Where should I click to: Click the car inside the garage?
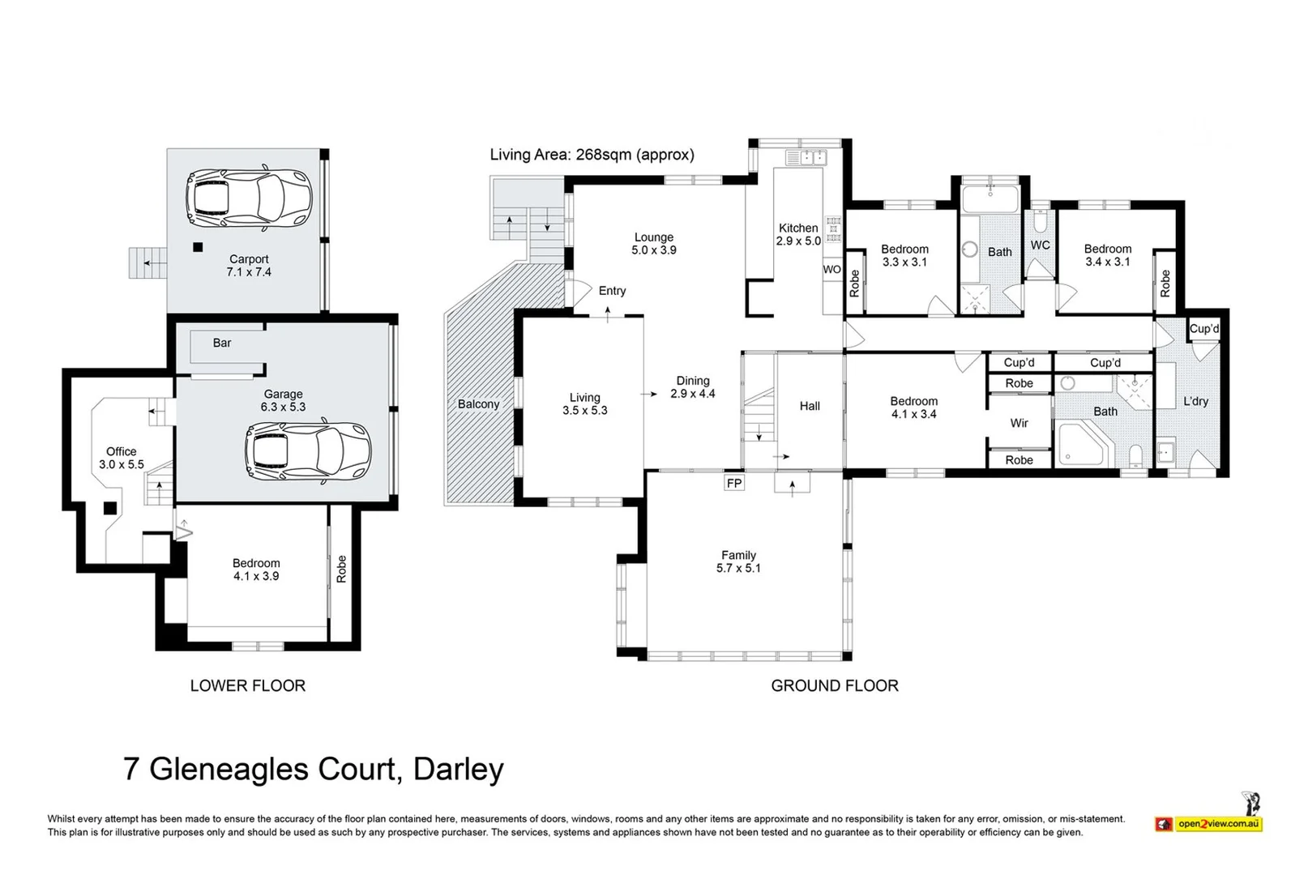(308, 451)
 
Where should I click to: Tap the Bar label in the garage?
(221, 343)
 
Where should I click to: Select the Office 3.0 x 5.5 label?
(122, 458)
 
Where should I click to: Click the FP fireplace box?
(734, 484)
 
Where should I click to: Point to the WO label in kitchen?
(831, 270)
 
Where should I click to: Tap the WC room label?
(1040, 245)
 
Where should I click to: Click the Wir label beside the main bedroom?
(1019, 423)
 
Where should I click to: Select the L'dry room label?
(1195, 401)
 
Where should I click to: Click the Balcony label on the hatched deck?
(478, 404)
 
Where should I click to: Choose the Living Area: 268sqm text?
(592, 155)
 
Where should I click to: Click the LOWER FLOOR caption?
(247, 685)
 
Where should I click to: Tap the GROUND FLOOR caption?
(834, 685)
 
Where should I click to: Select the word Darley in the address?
(459, 769)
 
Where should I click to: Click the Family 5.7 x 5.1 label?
(738, 561)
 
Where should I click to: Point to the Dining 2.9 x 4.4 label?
(693, 386)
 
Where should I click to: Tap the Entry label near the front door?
(612, 291)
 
